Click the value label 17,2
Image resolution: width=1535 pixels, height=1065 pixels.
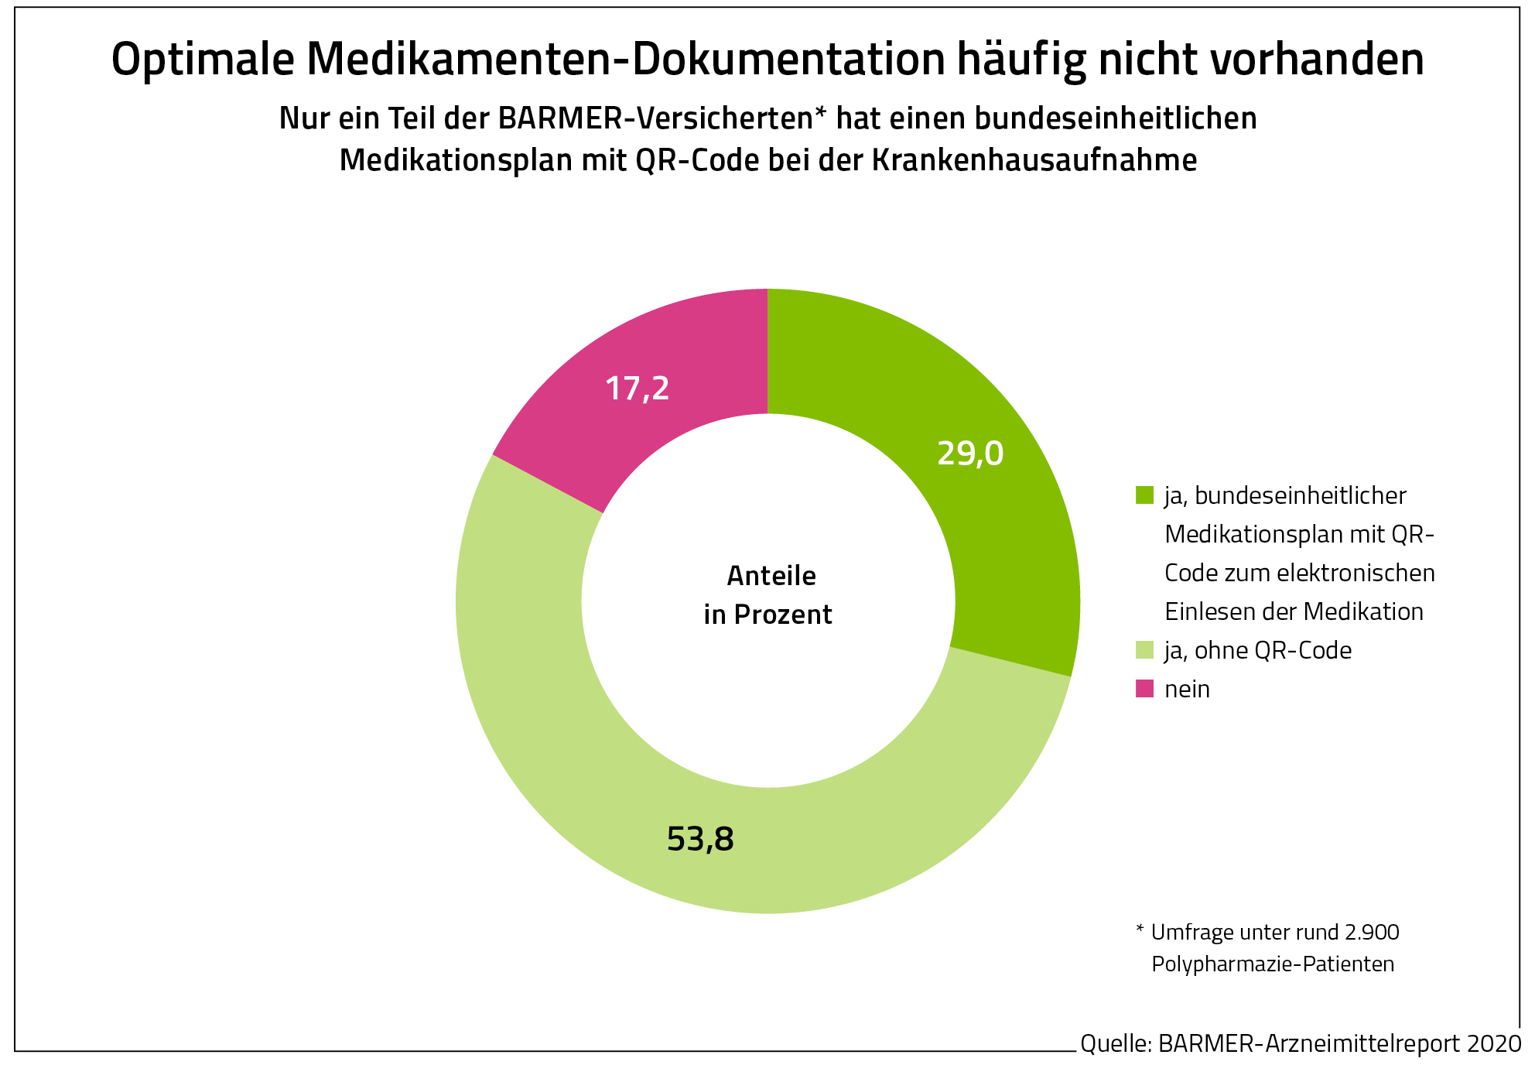click(637, 389)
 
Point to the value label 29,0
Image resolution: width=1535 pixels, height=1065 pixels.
click(969, 454)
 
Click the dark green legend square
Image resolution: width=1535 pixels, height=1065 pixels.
click(1144, 495)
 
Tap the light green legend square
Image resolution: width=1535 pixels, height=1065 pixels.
click(1144, 650)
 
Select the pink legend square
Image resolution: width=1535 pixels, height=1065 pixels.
click(1144, 689)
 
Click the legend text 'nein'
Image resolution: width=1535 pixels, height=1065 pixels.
click(1187, 689)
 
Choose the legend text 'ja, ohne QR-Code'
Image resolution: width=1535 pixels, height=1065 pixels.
click(1258, 650)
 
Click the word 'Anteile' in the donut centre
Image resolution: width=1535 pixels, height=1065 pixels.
click(771, 576)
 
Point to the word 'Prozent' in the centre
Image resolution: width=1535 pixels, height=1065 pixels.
click(783, 615)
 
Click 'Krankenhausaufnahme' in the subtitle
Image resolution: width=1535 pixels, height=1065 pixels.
click(1034, 160)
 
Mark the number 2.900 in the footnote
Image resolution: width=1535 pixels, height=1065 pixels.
click(1372, 932)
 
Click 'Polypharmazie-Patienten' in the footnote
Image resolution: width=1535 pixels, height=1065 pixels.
click(1273, 964)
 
